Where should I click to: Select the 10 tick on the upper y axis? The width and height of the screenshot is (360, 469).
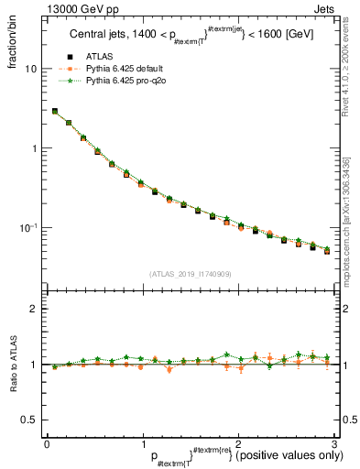click(29, 70)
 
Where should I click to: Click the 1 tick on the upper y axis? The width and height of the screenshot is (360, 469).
click(33, 148)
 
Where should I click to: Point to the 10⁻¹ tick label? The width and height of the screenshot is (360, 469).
click(27, 228)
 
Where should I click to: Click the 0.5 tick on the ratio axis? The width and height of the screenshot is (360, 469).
click(28, 420)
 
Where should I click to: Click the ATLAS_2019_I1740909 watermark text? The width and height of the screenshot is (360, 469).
click(189, 274)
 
